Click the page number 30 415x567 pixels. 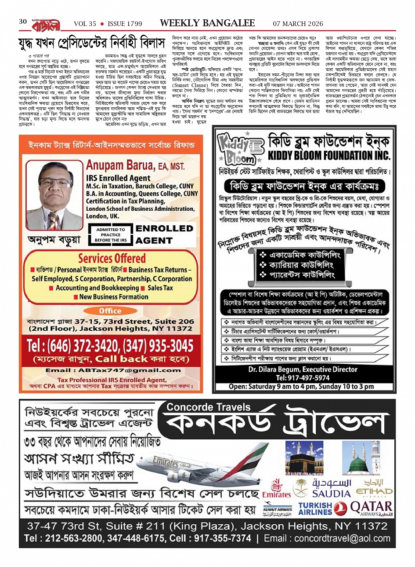pos(23,22)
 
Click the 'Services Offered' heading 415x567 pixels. pos(112,258)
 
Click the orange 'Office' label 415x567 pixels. pos(110,311)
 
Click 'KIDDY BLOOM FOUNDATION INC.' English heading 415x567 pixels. pos(328,155)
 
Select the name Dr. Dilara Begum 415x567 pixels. pos(274,369)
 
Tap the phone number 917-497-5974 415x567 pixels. pos(303,378)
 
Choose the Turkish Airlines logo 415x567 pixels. pos(315,508)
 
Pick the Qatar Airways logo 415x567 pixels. pos(371,508)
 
